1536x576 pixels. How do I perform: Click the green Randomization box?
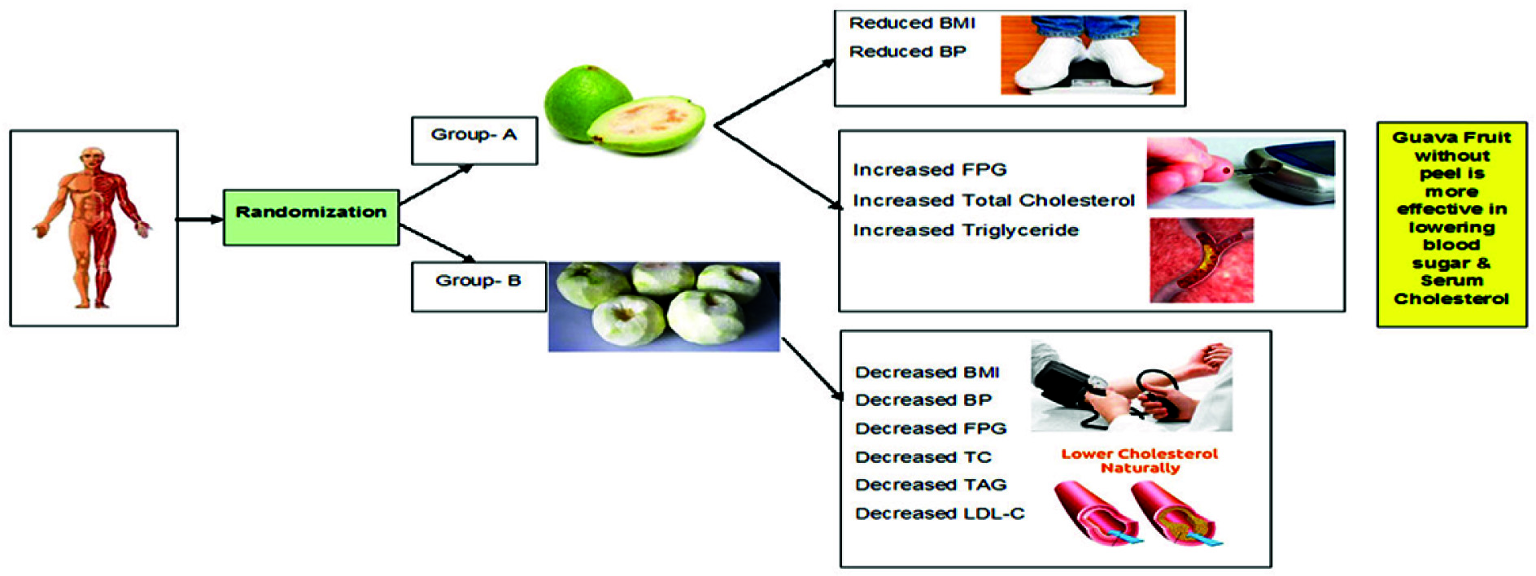click(x=311, y=217)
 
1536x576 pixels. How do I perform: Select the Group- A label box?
click(x=473, y=141)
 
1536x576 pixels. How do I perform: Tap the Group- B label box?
click(x=478, y=286)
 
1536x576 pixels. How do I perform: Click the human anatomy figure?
click(x=94, y=228)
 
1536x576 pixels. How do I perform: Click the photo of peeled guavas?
click(x=664, y=306)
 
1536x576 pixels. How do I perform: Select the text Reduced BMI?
click(x=911, y=24)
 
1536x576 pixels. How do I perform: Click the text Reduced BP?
click(x=907, y=52)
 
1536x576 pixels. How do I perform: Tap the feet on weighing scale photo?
click(x=1087, y=55)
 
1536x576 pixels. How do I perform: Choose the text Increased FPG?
click(x=929, y=170)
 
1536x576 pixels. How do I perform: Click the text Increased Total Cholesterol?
click(x=993, y=200)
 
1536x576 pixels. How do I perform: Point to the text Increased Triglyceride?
click(x=965, y=230)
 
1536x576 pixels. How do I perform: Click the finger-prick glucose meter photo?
click(x=1240, y=172)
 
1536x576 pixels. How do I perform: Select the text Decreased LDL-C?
click(x=939, y=513)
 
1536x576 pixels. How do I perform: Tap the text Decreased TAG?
click(x=930, y=485)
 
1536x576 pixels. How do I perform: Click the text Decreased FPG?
click(x=930, y=429)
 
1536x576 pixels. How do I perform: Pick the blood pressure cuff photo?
click(x=1131, y=386)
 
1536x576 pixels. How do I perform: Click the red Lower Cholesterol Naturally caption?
click(x=1139, y=460)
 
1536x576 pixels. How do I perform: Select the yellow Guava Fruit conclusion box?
click(x=1451, y=225)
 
